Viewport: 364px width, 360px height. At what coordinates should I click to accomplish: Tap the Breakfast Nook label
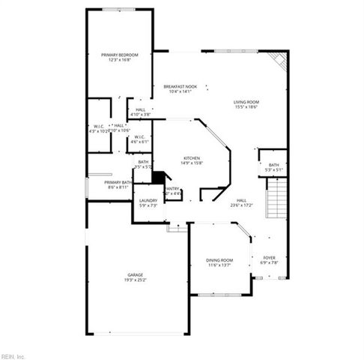click(x=180, y=87)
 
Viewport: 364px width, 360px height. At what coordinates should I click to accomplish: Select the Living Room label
click(x=246, y=102)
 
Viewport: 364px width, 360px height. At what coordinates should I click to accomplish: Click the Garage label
click(x=135, y=276)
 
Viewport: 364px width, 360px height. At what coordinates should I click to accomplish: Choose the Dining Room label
click(x=220, y=259)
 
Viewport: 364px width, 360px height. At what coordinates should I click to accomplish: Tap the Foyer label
click(x=269, y=257)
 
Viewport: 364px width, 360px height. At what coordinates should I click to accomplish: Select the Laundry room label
click(x=148, y=200)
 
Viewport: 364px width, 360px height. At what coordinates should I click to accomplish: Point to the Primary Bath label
click(x=118, y=182)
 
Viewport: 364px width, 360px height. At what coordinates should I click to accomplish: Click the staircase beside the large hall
click(x=277, y=199)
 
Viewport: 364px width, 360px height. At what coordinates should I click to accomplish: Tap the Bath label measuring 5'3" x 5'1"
click(x=273, y=165)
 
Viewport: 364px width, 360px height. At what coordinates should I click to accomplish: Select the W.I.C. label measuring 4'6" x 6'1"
click(x=139, y=136)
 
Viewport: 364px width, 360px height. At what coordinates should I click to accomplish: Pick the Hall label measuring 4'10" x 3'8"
click(x=140, y=109)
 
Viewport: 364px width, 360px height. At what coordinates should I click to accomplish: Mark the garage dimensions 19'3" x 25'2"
click(x=135, y=281)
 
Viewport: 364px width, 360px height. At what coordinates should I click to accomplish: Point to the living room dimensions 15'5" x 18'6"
click(x=246, y=107)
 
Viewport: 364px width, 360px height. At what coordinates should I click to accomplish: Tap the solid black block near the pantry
click(x=158, y=177)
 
